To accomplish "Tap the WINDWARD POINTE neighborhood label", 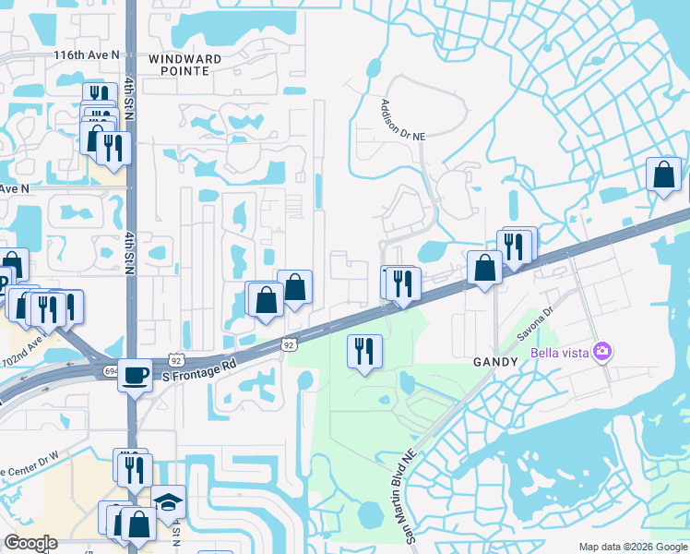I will (x=191, y=64).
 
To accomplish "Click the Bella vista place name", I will (x=561, y=351).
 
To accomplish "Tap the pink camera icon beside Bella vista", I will (x=602, y=350).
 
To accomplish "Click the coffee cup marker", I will (x=136, y=374).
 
